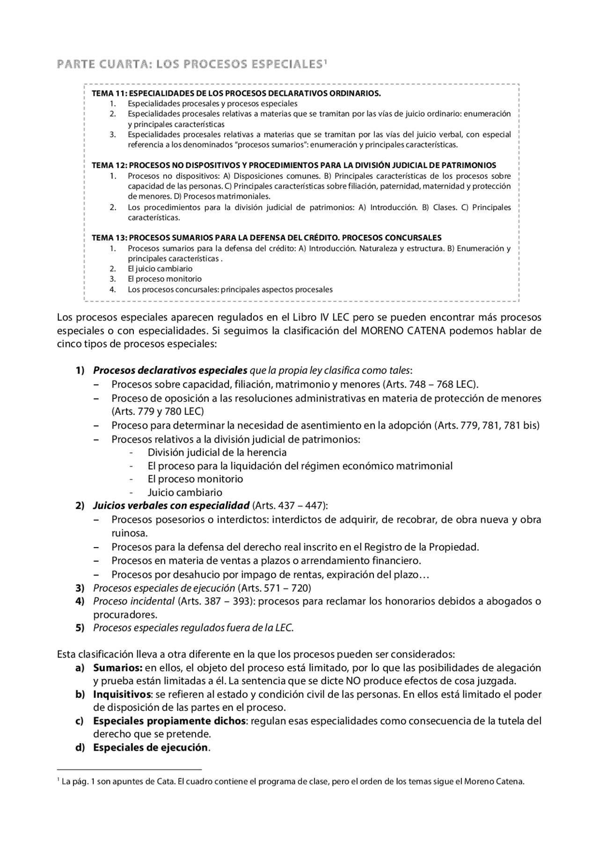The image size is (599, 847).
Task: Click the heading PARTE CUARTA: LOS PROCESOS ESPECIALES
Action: click(190, 64)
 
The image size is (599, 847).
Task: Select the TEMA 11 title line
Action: click(236, 93)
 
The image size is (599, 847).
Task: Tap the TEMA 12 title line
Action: click(293, 165)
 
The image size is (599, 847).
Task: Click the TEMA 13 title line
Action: click(266, 238)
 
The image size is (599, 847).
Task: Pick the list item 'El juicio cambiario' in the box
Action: click(160, 268)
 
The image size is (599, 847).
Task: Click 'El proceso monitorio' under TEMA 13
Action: click(165, 279)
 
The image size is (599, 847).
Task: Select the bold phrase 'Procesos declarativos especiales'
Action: click(170, 370)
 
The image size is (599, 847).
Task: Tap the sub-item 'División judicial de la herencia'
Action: click(217, 452)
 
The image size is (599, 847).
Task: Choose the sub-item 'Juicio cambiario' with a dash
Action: click(185, 492)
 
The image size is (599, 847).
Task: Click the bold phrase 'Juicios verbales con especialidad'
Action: click(171, 506)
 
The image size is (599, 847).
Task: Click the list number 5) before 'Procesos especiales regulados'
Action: click(80, 628)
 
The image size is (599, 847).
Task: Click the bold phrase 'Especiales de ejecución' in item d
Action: click(150, 747)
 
